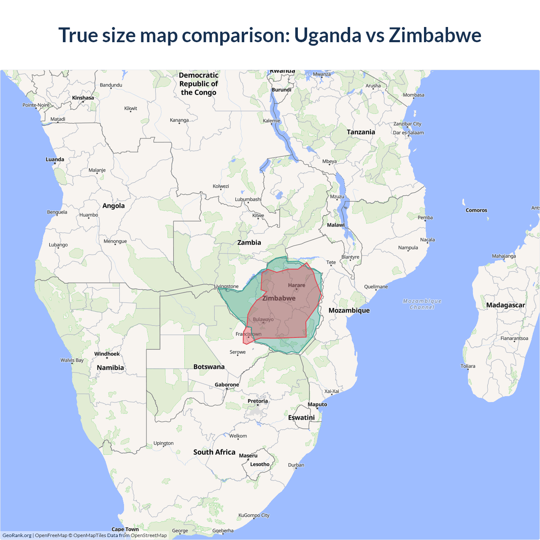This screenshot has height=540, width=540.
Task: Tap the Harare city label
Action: point(297,286)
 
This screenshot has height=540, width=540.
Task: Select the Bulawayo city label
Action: point(263,319)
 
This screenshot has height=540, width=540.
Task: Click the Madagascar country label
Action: point(505,305)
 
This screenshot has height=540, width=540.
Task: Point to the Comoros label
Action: point(476,210)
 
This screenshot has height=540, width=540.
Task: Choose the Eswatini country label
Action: point(301,417)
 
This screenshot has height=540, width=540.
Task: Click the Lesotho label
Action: point(260,464)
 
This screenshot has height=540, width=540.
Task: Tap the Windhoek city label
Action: point(107,354)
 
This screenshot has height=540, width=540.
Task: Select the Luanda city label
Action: point(55,159)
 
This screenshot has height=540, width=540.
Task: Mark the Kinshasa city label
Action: point(83,98)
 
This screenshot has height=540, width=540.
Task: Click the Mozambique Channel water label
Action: point(422,304)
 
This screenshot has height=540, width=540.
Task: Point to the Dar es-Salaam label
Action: point(408,132)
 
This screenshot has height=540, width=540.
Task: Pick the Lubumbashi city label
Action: point(248,199)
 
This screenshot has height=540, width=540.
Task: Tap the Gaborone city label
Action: point(227,385)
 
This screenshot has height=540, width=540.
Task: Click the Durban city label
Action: point(296,465)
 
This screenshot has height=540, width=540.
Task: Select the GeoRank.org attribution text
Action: point(17,535)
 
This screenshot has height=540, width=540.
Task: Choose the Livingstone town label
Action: point(227,286)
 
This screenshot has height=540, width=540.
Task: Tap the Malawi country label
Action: point(336,225)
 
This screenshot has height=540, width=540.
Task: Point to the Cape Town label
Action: point(125,529)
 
